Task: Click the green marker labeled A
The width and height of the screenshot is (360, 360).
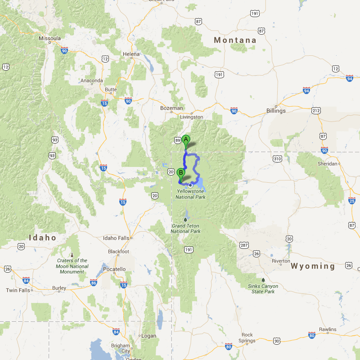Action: (x=185, y=139)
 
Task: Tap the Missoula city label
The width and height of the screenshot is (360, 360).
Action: (x=49, y=39)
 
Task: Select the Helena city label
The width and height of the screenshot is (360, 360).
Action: (x=131, y=54)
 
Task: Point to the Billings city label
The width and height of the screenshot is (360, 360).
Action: (x=276, y=111)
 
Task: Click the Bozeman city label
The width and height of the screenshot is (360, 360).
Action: (x=171, y=108)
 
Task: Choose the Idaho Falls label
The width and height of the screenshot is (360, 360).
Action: (x=116, y=238)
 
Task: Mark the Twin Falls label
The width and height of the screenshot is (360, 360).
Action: (x=18, y=290)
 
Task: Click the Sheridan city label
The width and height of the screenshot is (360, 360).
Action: (x=327, y=164)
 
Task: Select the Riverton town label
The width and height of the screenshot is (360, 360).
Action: (x=281, y=261)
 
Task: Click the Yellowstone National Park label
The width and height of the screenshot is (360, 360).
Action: (x=191, y=194)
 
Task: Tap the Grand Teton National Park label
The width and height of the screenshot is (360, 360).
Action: (x=185, y=228)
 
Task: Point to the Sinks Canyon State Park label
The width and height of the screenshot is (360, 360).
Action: (x=263, y=289)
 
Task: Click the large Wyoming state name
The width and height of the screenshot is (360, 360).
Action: (x=313, y=266)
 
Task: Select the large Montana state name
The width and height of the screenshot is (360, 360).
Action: (x=235, y=40)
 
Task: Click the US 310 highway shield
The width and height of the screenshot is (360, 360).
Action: (x=277, y=158)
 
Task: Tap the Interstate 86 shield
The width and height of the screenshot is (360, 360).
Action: (x=94, y=283)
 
